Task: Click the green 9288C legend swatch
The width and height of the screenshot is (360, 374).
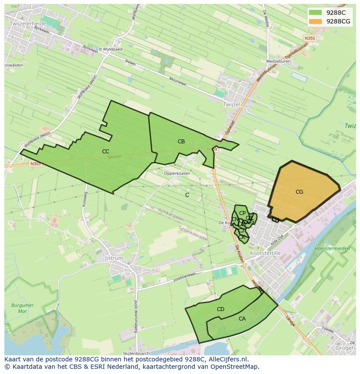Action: [315, 13]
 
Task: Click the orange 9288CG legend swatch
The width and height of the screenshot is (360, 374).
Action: [315, 21]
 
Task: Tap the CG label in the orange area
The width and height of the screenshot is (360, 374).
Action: [299, 192]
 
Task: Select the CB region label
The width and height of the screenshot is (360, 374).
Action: [181, 142]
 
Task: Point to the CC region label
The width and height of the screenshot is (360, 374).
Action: [106, 152]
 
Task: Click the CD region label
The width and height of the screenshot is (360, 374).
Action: [220, 309]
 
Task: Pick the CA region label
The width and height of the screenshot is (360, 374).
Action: [242, 319]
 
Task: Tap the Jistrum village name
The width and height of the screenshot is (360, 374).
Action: [114, 258]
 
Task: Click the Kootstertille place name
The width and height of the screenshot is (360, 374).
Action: [266, 253]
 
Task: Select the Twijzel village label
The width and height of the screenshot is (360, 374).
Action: [231, 105]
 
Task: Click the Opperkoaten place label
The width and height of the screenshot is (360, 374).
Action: [177, 173]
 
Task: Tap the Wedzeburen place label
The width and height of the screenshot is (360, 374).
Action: [279, 61]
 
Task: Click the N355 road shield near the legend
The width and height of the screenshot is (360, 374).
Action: [310, 38]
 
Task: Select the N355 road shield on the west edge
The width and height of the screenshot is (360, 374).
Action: [35, 164]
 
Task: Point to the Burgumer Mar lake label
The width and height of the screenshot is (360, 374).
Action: [20, 308]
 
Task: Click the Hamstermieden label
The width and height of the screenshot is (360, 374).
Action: [332, 248]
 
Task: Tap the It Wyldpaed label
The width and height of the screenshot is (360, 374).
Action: [110, 50]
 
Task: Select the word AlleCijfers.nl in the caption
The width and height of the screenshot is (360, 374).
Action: [226, 359]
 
